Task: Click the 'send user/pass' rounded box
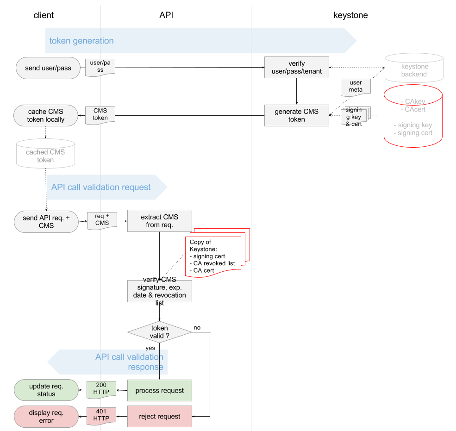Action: click(48, 68)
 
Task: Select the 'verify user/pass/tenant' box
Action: click(297, 68)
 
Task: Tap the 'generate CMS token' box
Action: click(297, 115)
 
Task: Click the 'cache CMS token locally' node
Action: click(46, 115)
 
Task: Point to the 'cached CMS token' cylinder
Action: click(46, 154)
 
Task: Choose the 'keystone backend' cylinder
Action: click(414, 68)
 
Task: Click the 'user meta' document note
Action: click(356, 87)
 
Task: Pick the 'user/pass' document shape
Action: click(100, 68)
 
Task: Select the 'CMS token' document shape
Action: click(100, 115)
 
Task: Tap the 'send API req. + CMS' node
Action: click(46, 222)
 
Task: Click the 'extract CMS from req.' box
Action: click(160, 221)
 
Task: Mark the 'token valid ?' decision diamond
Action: click(159, 332)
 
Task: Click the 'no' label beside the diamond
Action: click(197, 328)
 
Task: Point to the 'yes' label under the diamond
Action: click(150, 348)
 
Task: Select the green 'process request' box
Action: click(160, 391)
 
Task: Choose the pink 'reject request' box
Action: click(160, 417)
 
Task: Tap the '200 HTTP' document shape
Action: click(101, 389)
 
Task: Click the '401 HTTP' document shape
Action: click(101, 416)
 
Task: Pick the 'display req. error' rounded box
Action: click(46, 417)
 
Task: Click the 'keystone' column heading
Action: click(350, 15)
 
